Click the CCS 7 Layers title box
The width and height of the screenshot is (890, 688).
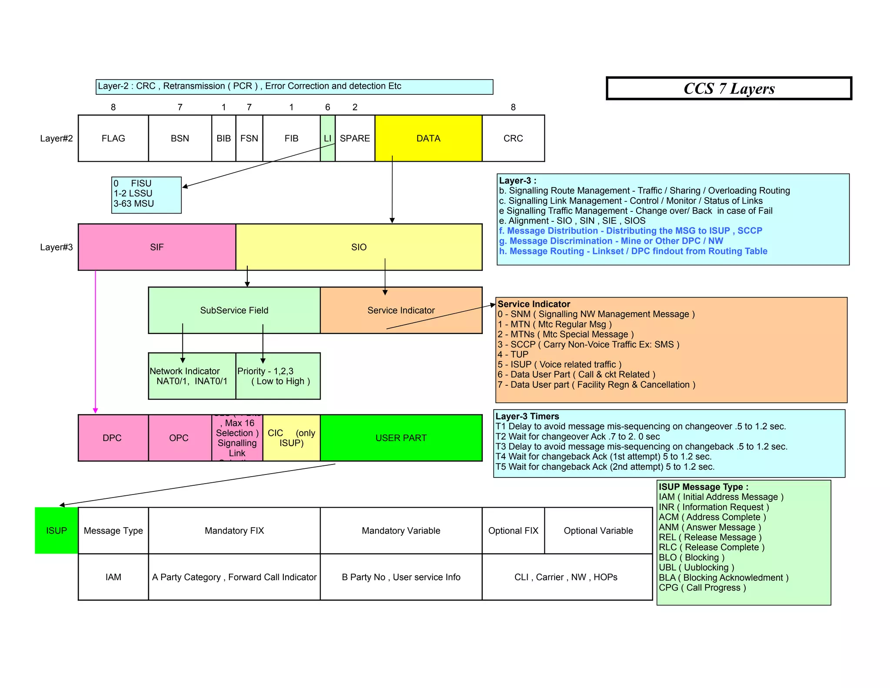(x=729, y=89)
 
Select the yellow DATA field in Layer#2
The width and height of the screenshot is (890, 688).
(x=428, y=138)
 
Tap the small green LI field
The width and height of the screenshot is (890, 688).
(x=328, y=138)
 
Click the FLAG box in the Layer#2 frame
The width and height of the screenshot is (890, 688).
(x=113, y=138)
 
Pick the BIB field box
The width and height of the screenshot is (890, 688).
(x=223, y=138)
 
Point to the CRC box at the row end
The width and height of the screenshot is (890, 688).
(x=513, y=138)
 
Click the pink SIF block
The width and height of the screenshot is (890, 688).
(x=156, y=247)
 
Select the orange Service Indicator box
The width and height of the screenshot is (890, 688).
(x=401, y=310)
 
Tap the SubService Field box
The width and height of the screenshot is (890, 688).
(x=234, y=310)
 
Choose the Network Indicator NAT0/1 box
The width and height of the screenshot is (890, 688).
(x=192, y=376)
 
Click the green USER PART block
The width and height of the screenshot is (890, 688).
(x=401, y=438)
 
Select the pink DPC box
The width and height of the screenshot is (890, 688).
(x=112, y=438)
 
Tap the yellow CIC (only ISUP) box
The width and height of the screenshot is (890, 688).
(x=291, y=438)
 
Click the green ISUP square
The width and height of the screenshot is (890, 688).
(x=56, y=531)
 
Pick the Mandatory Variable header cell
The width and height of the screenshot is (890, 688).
(x=401, y=531)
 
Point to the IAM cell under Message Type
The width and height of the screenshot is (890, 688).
(x=113, y=577)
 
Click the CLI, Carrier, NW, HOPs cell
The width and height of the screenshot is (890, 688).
(x=566, y=577)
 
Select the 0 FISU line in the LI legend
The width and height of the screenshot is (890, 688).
(x=133, y=184)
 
